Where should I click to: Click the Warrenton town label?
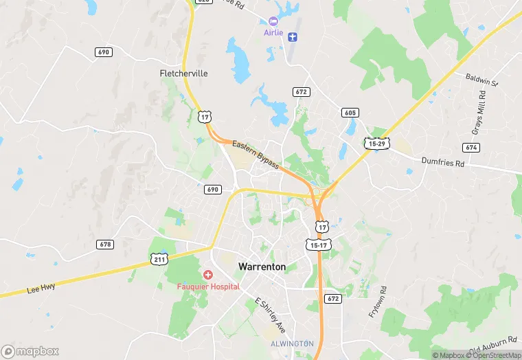262,266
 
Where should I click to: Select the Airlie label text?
273,33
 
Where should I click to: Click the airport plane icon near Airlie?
293,36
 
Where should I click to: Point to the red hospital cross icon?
207,275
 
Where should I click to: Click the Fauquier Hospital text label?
204,286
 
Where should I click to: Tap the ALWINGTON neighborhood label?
291,343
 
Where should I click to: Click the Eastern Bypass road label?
256,155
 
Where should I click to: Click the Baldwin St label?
480,80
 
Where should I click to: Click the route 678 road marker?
105,245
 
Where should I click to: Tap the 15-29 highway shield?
376,143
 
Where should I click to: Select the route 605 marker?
350,112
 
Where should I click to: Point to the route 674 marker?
471,148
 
